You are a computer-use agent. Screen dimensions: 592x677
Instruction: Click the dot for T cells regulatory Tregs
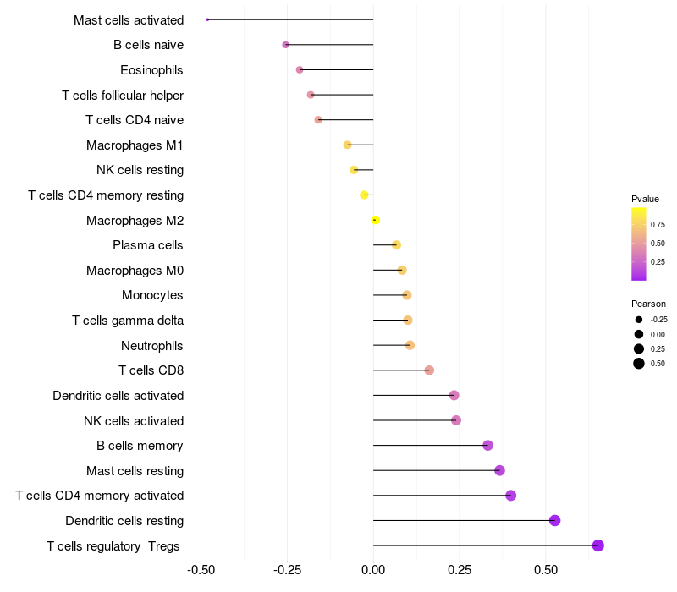click(x=597, y=545)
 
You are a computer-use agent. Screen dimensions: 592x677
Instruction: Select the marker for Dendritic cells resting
click(x=554, y=520)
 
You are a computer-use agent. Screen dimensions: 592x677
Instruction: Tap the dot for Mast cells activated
click(x=207, y=19)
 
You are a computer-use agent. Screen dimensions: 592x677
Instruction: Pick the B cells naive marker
click(x=285, y=45)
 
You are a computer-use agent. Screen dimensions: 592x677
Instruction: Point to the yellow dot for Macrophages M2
click(x=376, y=220)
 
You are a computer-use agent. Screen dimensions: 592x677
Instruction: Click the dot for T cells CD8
click(x=429, y=370)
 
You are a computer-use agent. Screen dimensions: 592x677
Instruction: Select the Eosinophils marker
click(x=300, y=69)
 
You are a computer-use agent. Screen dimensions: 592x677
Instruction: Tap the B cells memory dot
click(x=487, y=446)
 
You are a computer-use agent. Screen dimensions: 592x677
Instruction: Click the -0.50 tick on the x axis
click(x=201, y=571)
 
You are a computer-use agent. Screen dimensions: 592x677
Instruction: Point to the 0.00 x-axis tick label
click(x=373, y=571)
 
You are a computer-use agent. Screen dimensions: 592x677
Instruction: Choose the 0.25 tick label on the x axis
click(x=460, y=571)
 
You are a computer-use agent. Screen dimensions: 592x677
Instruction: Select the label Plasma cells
click(x=148, y=245)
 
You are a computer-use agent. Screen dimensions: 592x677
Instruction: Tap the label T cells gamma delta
click(x=128, y=321)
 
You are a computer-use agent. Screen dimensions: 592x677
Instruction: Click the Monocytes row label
click(x=152, y=295)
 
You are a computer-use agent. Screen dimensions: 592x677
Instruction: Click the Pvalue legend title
click(x=645, y=199)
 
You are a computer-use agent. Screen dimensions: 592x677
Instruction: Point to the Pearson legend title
click(x=648, y=304)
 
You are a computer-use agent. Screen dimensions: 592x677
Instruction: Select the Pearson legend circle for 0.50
click(x=639, y=364)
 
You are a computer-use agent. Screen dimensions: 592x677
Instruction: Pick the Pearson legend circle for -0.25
click(x=639, y=320)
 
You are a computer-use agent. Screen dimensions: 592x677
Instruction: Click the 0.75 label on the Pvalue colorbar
click(x=658, y=225)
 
